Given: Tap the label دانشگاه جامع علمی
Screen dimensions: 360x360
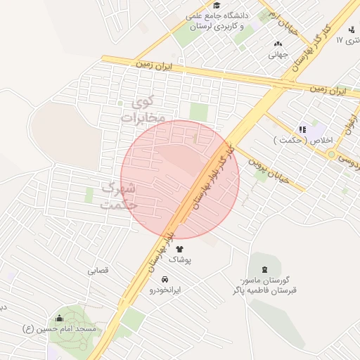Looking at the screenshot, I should click(x=215, y=15).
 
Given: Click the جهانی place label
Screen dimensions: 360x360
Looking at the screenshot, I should click(x=278, y=56).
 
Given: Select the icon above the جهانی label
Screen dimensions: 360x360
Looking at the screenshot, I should click(x=278, y=44).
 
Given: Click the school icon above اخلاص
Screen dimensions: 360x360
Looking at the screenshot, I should click(x=303, y=129).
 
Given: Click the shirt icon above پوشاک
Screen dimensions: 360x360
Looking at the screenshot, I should click(x=179, y=248).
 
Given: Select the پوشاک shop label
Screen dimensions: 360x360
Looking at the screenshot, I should click(x=179, y=260).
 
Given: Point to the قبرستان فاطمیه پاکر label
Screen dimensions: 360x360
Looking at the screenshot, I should click(x=264, y=291).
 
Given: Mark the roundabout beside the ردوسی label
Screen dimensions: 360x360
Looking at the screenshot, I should click(x=331, y=154).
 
